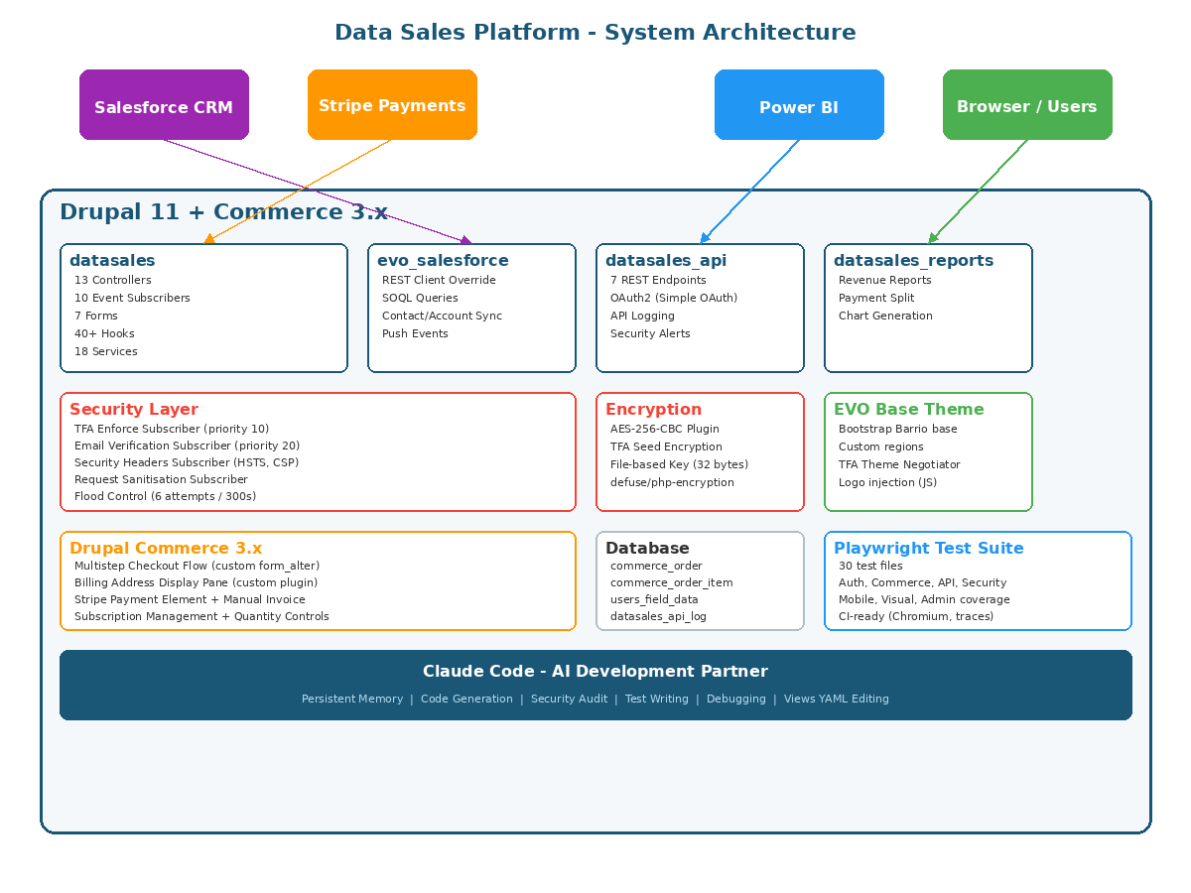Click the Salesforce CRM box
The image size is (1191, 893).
pyautogui.click(x=164, y=105)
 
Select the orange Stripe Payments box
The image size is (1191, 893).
pyautogui.click(x=392, y=105)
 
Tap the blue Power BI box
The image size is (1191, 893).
pyautogui.click(x=799, y=106)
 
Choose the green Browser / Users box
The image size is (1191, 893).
pyautogui.click(x=1027, y=106)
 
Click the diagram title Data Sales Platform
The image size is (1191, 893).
pyautogui.click(x=595, y=33)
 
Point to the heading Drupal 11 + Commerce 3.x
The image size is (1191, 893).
pyautogui.click(x=223, y=211)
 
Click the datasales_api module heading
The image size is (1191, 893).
pyautogui.click(x=666, y=261)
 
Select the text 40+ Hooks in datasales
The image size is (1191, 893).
pyautogui.click(x=104, y=333)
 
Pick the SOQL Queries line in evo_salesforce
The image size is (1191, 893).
pyautogui.click(x=420, y=298)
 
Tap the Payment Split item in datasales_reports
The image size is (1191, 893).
pyautogui.click(x=876, y=298)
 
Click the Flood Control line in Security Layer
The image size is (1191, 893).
pyautogui.click(x=165, y=496)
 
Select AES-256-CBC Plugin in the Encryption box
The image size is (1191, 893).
pyautogui.click(x=665, y=429)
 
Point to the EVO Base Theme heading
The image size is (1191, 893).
pyautogui.click(x=908, y=409)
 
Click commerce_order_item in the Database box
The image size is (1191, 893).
pyautogui.click(x=671, y=582)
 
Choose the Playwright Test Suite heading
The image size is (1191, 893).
pyautogui.click(x=928, y=548)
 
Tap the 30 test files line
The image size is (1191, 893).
pyautogui.click(x=870, y=566)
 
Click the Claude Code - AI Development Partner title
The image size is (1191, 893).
pyautogui.click(x=595, y=671)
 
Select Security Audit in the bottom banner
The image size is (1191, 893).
pyautogui.click(x=569, y=699)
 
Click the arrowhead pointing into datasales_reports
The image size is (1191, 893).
pyautogui.click(x=932, y=239)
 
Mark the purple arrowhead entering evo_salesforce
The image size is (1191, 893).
pyautogui.click(x=466, y=240)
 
